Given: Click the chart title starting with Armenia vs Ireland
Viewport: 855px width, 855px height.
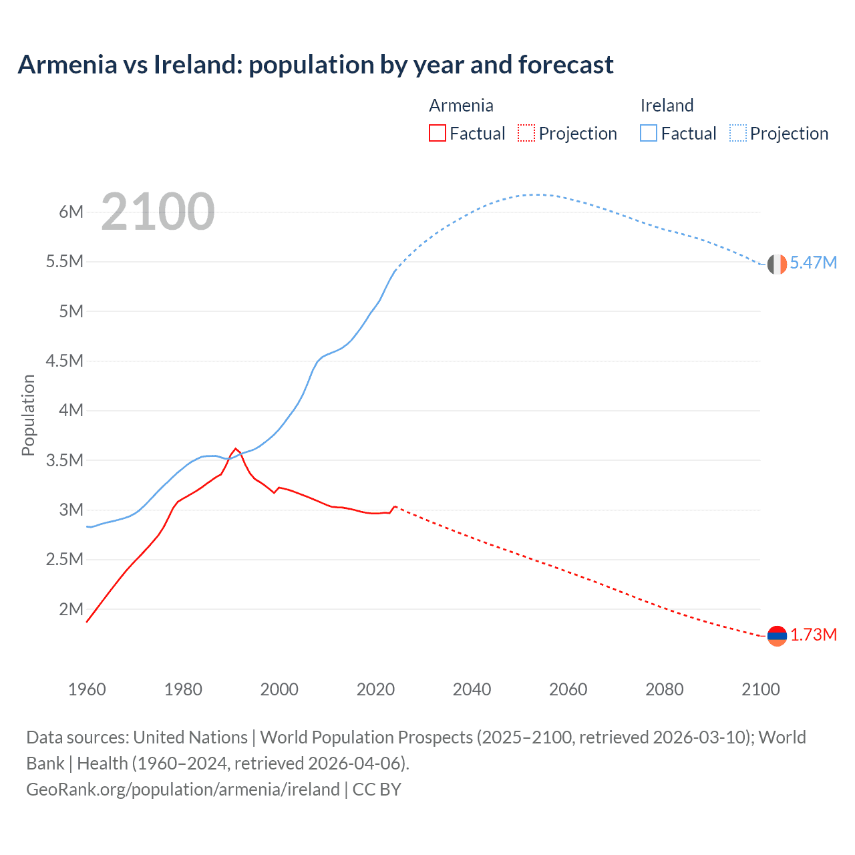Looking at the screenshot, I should coord(315,65).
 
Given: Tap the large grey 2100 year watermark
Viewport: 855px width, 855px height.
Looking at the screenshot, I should coord(158,212).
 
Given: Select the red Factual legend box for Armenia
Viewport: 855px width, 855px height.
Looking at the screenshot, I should coord(438,133).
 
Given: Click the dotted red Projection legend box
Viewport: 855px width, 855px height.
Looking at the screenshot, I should coord(526,133).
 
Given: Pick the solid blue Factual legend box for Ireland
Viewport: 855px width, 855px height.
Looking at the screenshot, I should coord(649,133).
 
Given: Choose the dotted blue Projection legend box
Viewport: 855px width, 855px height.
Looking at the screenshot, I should coord(737,133).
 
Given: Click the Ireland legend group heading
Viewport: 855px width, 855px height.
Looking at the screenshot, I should coord(667,106).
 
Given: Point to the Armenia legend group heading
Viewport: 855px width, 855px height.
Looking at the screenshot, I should coord(461,106).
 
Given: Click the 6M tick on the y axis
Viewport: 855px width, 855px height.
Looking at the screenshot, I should coord(71,212).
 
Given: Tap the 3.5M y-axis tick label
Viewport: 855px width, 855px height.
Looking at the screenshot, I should coord(65,460).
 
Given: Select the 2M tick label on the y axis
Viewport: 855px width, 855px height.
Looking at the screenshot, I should coord(71,609).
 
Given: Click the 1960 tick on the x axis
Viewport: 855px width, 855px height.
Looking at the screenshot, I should coord(87,689).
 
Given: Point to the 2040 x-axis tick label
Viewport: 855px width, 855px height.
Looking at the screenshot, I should coord(472,689).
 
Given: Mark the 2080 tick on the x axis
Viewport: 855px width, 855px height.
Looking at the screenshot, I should coord(664,689).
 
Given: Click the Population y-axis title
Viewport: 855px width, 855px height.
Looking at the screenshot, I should coord(28,415).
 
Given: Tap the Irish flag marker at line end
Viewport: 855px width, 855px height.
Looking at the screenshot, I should coord(777,264).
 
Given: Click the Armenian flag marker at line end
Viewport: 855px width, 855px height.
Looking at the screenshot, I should coord(777,636).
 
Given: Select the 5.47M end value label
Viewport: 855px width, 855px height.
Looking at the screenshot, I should coord(813,263).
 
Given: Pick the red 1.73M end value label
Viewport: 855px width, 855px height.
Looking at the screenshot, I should coord(813,635).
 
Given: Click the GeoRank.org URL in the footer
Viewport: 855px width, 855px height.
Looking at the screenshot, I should coord(182,790).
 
